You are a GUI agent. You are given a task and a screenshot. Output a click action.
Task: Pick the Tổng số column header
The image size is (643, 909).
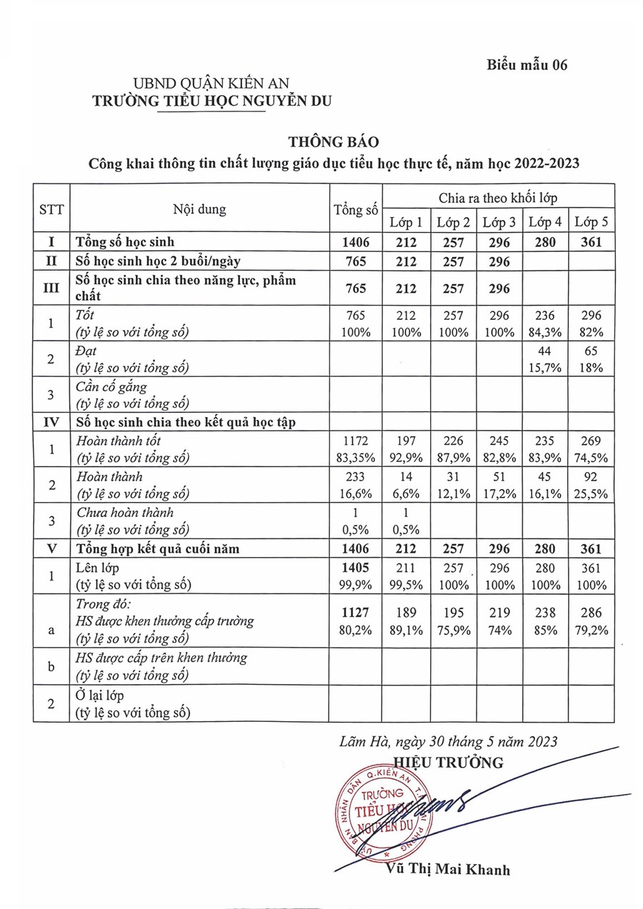pos(355,209)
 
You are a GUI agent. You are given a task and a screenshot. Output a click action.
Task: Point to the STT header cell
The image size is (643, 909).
pos(51,209)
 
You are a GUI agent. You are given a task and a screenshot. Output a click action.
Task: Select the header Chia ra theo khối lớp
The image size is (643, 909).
pos(498,195)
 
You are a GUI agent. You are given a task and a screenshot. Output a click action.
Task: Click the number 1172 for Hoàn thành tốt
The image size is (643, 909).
pos(355,441)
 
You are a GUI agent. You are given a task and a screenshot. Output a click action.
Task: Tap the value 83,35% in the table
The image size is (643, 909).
pos(355,457)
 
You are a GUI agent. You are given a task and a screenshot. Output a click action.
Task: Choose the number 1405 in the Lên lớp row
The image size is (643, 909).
pos(355,569)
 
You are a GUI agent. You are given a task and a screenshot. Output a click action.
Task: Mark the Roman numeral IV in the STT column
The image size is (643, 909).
pos(51,422)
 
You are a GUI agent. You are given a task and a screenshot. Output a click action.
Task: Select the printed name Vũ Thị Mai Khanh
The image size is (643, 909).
pos(447,870)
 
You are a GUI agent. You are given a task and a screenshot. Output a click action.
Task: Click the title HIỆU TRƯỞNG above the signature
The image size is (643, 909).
pos(448,762)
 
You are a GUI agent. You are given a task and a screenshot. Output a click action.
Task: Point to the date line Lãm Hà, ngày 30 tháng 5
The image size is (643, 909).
pos(449,742)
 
